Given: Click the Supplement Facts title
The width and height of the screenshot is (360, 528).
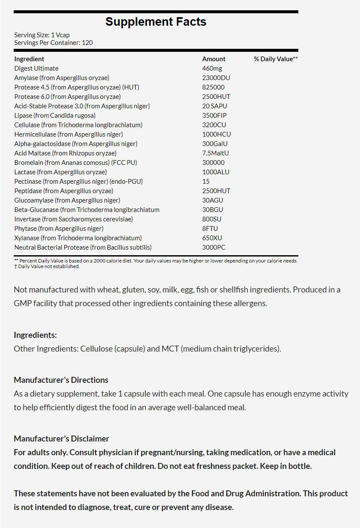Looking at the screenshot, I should (x=156, y=22).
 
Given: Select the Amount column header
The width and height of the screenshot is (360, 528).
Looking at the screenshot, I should (x=214, y=59).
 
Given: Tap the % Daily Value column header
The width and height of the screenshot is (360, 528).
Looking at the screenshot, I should (x=276, y=59).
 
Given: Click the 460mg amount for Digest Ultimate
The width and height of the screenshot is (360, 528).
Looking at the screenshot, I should (x=212, y=69).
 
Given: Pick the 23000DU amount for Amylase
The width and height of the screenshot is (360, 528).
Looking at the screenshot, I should (x=216, y=78).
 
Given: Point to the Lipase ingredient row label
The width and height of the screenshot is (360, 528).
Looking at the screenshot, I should (x=55, y=116).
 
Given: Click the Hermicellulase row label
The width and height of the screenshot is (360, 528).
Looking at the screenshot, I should (x=68, y=134).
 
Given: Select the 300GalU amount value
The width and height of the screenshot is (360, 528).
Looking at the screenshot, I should (x=215, y=144).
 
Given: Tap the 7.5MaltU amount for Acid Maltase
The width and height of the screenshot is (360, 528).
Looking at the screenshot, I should (x=217, y=153).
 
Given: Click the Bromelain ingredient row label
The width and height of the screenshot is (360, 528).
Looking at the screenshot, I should (x=76, y=163).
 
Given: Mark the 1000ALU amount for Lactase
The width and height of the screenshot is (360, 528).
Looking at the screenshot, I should (x=216, y=172).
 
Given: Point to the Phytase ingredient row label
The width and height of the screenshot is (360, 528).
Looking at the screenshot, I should (x=59, y=229).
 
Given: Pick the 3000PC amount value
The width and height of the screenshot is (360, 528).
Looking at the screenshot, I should (x=214, y=248).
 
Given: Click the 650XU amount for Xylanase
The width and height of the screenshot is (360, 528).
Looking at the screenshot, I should (x=212, y=238).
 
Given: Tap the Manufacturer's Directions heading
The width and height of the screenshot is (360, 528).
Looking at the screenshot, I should (x=61, y=380).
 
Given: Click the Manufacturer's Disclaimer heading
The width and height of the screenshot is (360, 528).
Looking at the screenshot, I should (x=61, y=439).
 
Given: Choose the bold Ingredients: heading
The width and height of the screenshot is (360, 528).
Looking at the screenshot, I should (x=35, y=335).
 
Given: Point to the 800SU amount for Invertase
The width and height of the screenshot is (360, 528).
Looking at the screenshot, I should (x=212, y=219).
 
